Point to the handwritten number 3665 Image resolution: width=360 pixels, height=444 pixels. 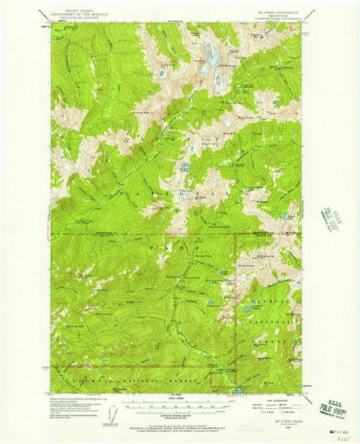(342, 437)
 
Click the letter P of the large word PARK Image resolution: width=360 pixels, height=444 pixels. (154, 245)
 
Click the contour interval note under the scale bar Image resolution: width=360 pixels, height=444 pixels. (171, 416)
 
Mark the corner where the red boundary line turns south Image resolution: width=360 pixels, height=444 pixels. (236, 234)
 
